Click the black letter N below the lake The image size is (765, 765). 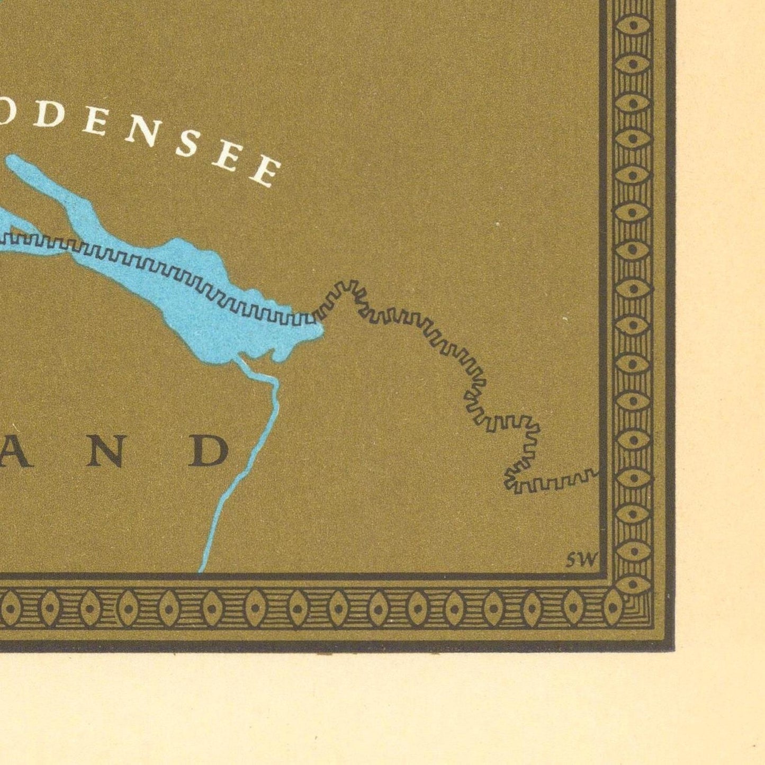(x=109, y=451)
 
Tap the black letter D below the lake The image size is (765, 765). (x=209, y=451)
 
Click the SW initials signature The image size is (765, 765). (x=581, y=560)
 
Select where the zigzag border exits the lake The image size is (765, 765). (x=316, y=316)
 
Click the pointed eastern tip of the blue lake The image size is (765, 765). (x=321, y=331)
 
